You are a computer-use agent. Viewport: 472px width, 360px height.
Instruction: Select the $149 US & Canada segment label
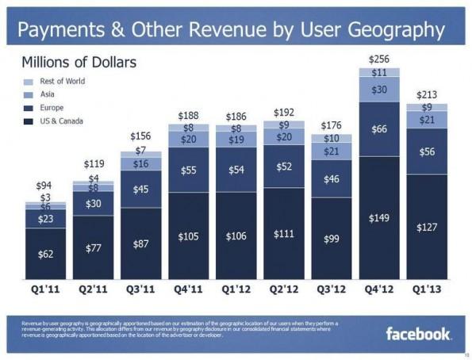click(x=379, y=218)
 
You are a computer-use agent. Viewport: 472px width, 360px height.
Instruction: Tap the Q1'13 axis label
click(x=427, y=289)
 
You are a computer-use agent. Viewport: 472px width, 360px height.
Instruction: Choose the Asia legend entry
click(x=48, y=94)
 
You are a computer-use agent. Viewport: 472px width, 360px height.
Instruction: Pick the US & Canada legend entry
click(x=60, y=121)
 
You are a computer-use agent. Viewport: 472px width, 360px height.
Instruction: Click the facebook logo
click(x=418, y=333)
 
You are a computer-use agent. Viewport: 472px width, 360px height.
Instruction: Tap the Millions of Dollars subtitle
click(x=79, y=62)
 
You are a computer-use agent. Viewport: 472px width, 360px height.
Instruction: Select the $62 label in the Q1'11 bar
click(x=45, y=254)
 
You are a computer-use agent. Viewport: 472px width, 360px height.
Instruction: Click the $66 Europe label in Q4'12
click(x=379, y=128)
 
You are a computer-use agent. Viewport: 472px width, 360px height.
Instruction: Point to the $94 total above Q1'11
click(x=45, y=186)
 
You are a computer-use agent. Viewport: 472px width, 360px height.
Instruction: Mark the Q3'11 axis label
click(x=140, y=289)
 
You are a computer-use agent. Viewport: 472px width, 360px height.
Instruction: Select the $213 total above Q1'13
click(x=427, y=95)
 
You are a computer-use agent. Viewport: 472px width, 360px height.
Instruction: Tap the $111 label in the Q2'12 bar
click(x=284, y=235)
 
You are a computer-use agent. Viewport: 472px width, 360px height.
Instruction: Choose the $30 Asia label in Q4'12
click(x=379, y=90)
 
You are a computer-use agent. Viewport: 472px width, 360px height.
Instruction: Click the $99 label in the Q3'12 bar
click(x=332, y=239)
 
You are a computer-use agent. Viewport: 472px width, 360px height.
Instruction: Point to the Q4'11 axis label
click(x=189, y=289)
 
